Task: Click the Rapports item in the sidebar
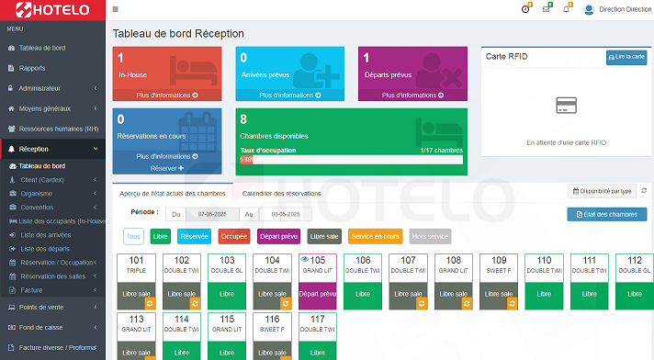[32, 68]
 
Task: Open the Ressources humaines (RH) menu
[57, 129]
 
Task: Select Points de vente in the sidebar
[41, 307]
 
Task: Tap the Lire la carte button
[626, 57]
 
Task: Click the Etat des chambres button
[607, 214]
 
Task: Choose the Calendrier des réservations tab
[281, 194]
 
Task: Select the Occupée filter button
[234, 236]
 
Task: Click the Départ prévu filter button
[278, 236]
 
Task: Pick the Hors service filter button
[430, 236]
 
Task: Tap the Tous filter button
[133, 236]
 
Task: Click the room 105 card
[318, 280]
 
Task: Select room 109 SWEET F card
[499, 280]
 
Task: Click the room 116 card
[272, 335]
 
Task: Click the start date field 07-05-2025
[211, 214]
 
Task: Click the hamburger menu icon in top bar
[115, 9]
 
